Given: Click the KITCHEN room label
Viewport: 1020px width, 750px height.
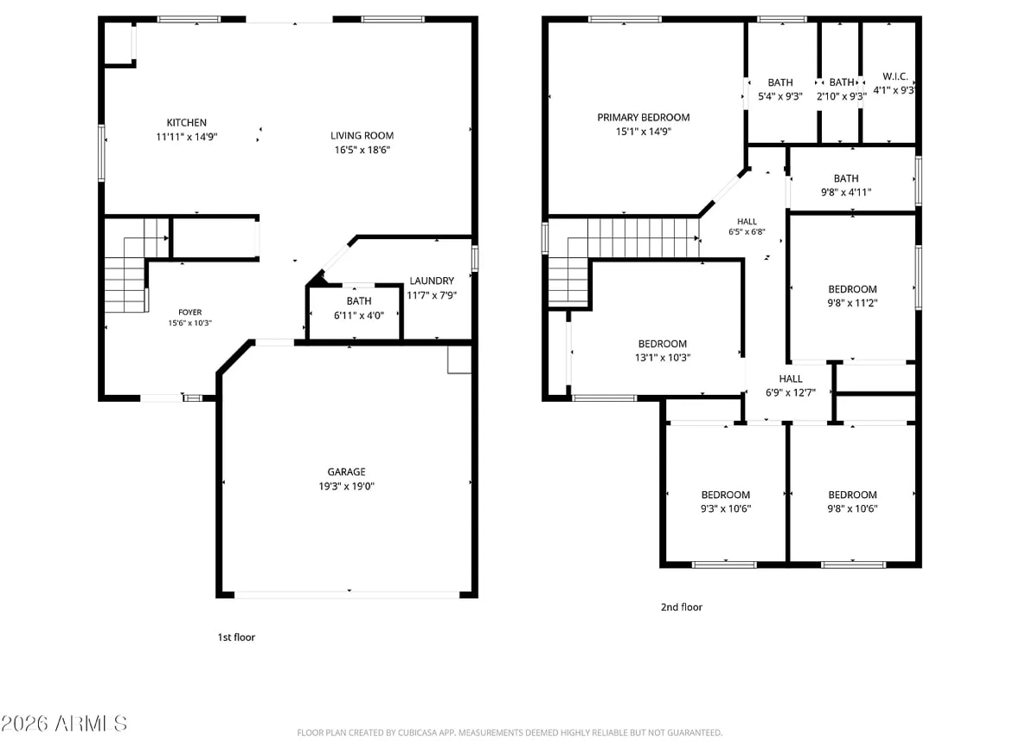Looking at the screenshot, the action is [x=187, y=122].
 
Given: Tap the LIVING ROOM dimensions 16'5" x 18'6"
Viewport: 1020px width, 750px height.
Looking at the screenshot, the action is [x=362, y=150].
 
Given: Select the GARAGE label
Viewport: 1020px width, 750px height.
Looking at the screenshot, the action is [x=346, y=472].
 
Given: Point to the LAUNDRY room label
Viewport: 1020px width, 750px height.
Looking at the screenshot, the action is [x=432, y=281].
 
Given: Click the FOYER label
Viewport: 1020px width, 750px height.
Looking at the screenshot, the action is [x=190, y=313].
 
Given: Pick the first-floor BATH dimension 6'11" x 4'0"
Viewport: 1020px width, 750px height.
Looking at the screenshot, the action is [x=359, y=316].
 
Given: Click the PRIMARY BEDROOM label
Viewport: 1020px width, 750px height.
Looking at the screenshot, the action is [x=644, y=117].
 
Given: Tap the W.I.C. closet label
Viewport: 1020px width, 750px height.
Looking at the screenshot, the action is [x=895, y=77].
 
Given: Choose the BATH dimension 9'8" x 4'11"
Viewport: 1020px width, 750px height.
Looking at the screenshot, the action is [x=845, y=192].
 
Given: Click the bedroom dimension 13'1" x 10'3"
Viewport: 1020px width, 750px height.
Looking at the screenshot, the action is [x=662, y=358].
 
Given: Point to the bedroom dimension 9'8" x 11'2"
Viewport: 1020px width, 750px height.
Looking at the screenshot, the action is [x=852, y=303].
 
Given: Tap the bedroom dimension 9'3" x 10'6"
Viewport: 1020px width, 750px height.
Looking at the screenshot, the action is [x=725, y=508].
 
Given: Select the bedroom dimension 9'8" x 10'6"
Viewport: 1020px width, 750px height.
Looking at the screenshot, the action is [x=852, y=508].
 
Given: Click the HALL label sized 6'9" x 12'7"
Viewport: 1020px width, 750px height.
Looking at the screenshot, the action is [x=791, y=379].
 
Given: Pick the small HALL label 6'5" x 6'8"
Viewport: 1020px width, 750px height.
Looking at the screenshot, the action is [x=747, y=222].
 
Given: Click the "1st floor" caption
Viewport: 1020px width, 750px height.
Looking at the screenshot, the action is [x=236, y=637].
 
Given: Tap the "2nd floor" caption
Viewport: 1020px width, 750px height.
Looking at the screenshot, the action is [x=682, y=607].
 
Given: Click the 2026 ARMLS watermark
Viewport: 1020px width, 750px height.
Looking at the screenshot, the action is [x=64, y=723].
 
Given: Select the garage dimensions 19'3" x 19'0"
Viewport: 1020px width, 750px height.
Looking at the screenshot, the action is [x=346, y=487].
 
